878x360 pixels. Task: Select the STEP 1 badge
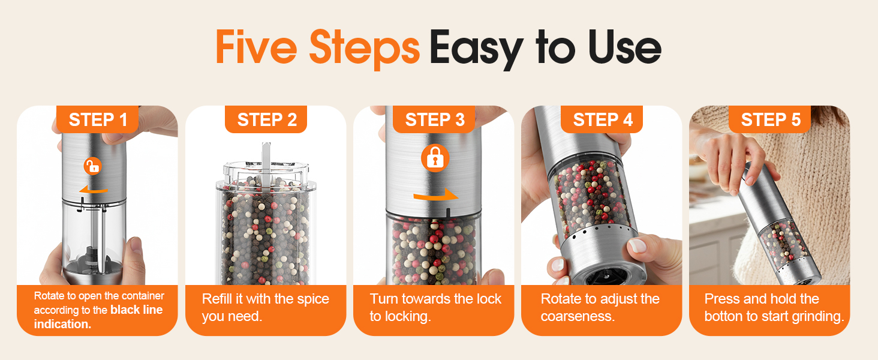coord(98,120)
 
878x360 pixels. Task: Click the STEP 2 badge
coord(266,120)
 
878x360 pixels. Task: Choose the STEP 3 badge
coord(434,120)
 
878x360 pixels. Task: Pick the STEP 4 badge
coord(602,120)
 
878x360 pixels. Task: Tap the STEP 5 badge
coord(770,120)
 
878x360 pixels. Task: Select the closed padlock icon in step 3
coord(435,158)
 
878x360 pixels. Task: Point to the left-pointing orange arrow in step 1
coord(93,190)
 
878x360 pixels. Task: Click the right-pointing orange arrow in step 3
coord(435,196)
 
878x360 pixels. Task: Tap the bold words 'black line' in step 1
coord(136,310)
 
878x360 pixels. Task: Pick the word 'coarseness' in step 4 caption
coord(577,317)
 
